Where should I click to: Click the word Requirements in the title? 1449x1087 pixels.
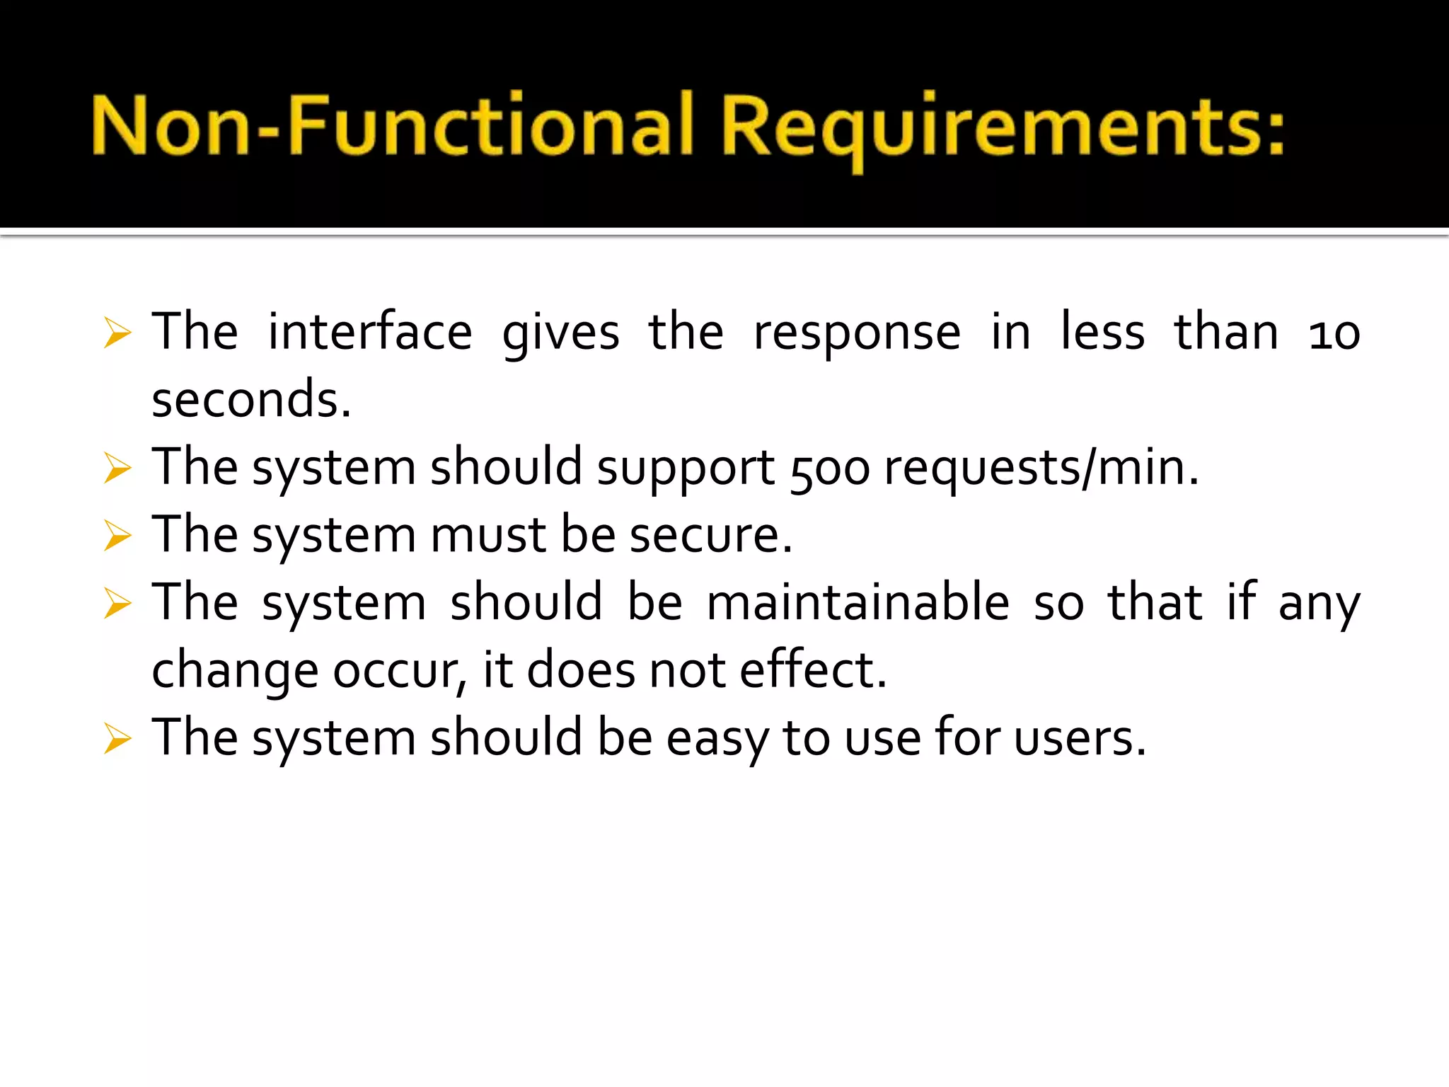(x=1003, y=127)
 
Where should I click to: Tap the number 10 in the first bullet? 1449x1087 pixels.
(x=1334, y=333)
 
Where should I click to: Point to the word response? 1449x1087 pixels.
(x=857, y=333)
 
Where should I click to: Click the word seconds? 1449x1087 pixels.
(x=251, y=399)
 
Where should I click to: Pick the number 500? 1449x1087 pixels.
(x=829, y=468)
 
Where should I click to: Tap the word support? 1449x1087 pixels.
(x=686, y=468)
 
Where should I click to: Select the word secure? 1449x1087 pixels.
(x=710, y=535)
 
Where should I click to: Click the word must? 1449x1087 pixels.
(x=487, y=535)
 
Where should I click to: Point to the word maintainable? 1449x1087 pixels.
(x=858, y=602)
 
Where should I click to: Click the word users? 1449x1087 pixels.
(x=1079, y=737)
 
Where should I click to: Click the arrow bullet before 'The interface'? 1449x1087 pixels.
(x=117, y=333)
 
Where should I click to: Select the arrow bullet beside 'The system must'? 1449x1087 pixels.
(x=117, y=536)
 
